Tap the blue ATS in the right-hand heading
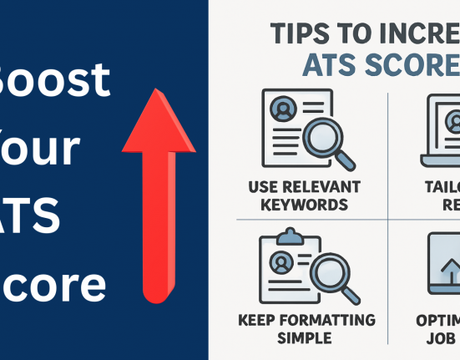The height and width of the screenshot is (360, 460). (x=326, y=65)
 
